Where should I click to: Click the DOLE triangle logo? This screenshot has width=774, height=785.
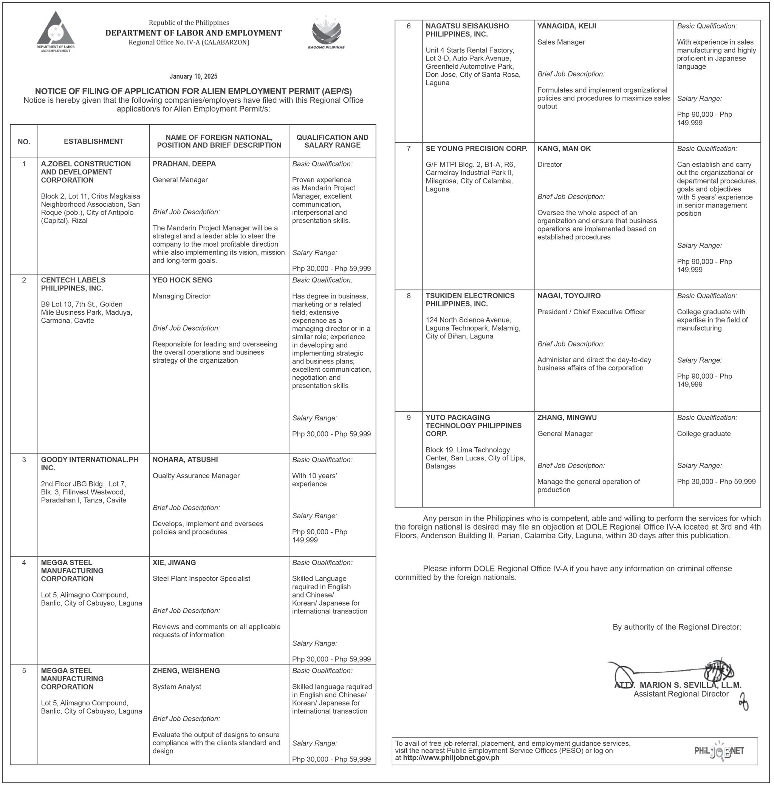pos(55,30)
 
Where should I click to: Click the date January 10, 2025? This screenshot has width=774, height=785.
pos(193,76)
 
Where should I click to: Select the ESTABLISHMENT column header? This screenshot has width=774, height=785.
pos(93,141)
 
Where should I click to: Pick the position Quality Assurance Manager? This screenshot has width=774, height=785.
pos(196,476)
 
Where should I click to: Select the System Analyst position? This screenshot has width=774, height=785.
pos(177,687)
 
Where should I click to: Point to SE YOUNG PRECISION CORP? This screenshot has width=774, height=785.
pos(476,149)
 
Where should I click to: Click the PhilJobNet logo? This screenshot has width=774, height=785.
pos(719,751)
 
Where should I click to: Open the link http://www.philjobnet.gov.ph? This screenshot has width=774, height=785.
pos(451,758)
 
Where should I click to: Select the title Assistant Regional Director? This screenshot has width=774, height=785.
pos(681,694)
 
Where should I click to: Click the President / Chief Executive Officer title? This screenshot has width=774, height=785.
pos(591,312)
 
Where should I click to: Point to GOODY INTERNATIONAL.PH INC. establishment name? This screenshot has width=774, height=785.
pos(90,464)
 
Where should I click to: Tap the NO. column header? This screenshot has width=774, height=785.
pos(24,142)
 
